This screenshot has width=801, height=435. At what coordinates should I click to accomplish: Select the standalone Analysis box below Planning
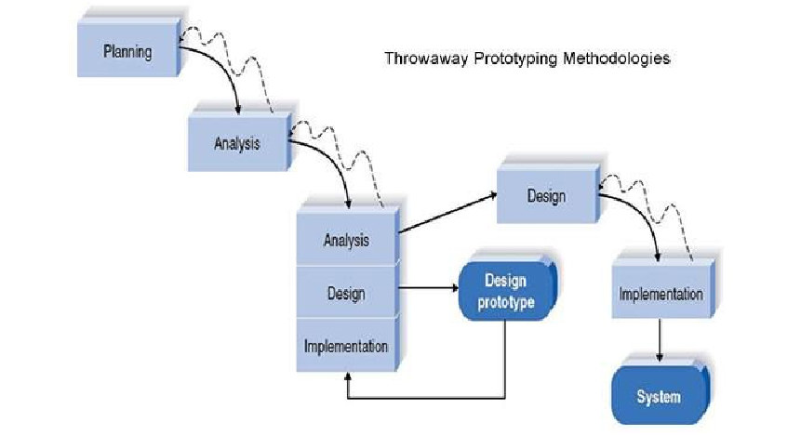[237, 143]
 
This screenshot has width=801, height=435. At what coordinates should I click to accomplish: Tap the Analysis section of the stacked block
[346, 240]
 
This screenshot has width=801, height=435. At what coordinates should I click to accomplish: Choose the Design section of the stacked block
[346, 293]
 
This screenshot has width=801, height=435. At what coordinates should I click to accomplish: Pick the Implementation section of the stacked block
[346, 346]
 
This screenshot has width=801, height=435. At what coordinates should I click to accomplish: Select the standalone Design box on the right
[545, 196]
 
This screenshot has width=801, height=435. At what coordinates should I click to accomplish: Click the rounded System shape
[658, 397]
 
